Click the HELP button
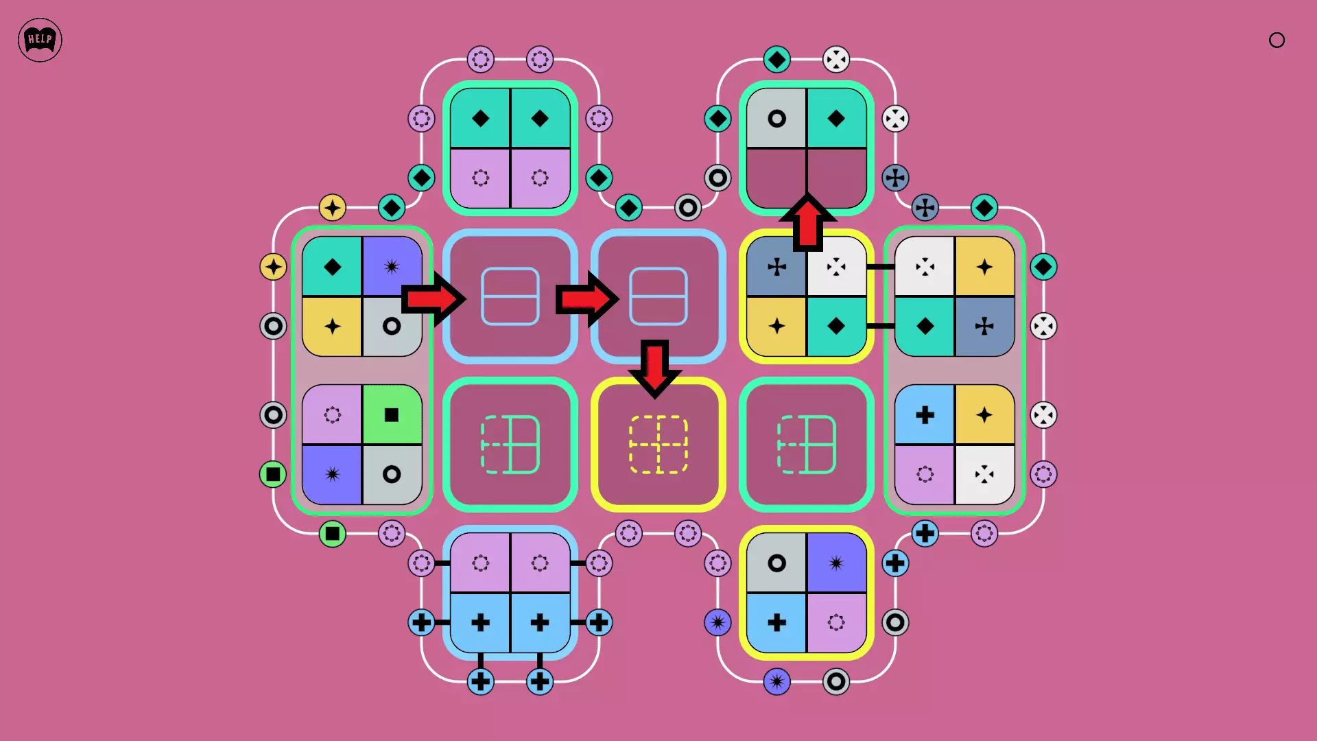(x=40, y=40)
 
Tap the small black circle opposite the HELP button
(x=1277, y=40)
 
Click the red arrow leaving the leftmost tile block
(x=433, y=298)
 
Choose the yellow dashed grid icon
(x=658, y=444)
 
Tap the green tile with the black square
(x=392, y=414)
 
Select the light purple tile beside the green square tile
(x=332, y=414)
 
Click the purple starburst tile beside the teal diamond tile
(x=392, y=266)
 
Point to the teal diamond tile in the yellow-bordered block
(x=835, y=326)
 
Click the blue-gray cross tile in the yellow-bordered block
(x=776, y=266)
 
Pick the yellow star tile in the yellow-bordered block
(x=776, y=326)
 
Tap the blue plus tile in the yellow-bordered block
(x=776, y=622)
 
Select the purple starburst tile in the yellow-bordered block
(x=835, y=563)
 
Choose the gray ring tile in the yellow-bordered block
(x=776, y=563)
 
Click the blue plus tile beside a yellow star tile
(x=925, y=414)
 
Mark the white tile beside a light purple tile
(x=984, y=474)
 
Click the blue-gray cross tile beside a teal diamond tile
(x=984, y=326)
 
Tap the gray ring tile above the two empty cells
(x=776, y=119)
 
